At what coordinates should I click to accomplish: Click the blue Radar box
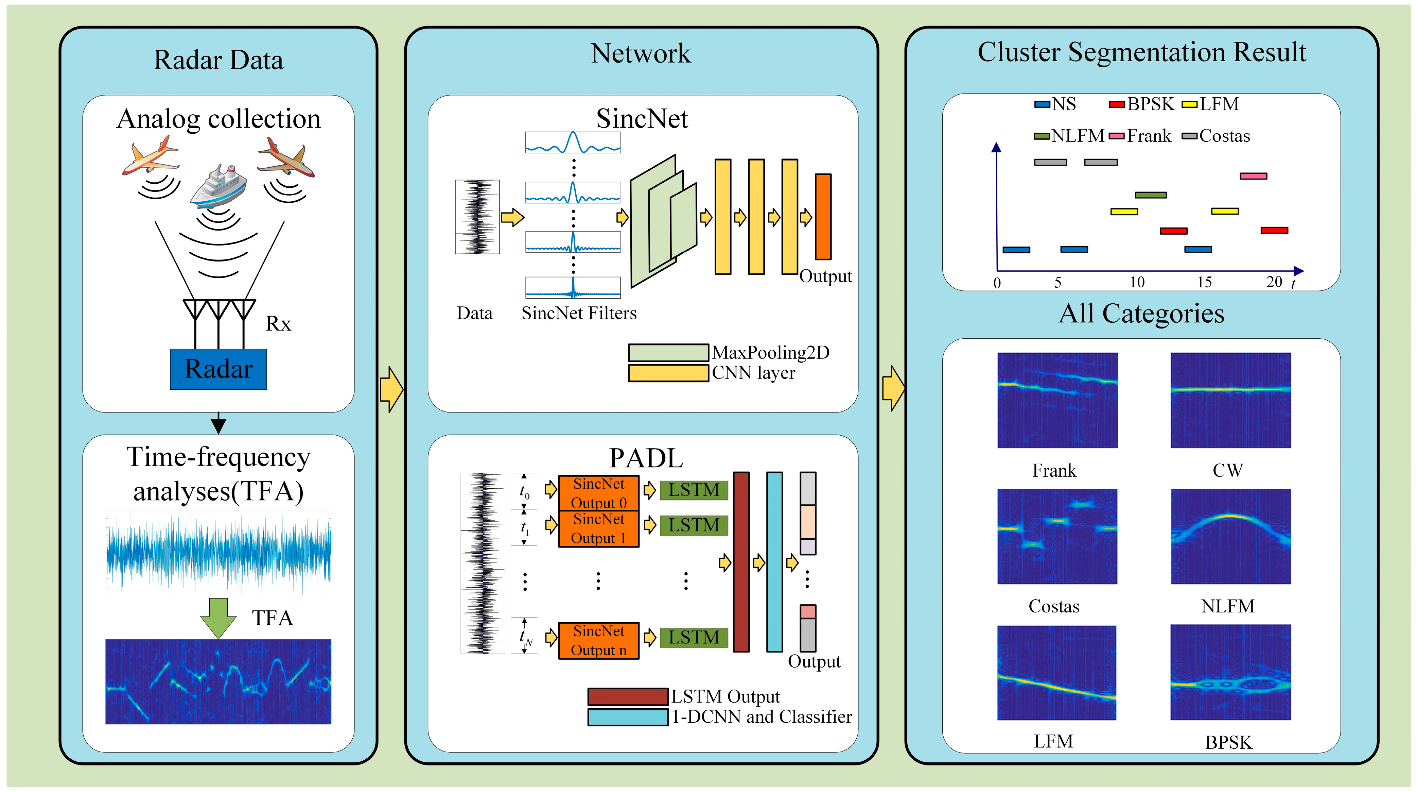pos(218,369)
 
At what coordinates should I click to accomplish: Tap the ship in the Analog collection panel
pos(218,185)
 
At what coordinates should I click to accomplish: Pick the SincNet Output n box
pos(599,641)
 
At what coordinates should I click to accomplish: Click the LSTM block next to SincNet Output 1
pos(694,525)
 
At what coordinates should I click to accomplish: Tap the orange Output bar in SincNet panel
pos(823,217)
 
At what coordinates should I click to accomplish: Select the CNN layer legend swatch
pos(668,373)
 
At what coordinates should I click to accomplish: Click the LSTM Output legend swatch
pos(628,697)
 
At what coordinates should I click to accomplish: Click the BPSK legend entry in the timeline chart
pos(1142,104)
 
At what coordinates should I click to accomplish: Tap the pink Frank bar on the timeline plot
pos(1253,176)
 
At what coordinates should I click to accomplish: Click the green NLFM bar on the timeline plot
pos(1151,195)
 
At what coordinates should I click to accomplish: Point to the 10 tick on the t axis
pos(1137,282)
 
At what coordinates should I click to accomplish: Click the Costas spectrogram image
pos(1057,536)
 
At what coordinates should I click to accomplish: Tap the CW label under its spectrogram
pos(1227,470)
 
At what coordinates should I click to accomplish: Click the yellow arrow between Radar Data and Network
pos(391,389)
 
